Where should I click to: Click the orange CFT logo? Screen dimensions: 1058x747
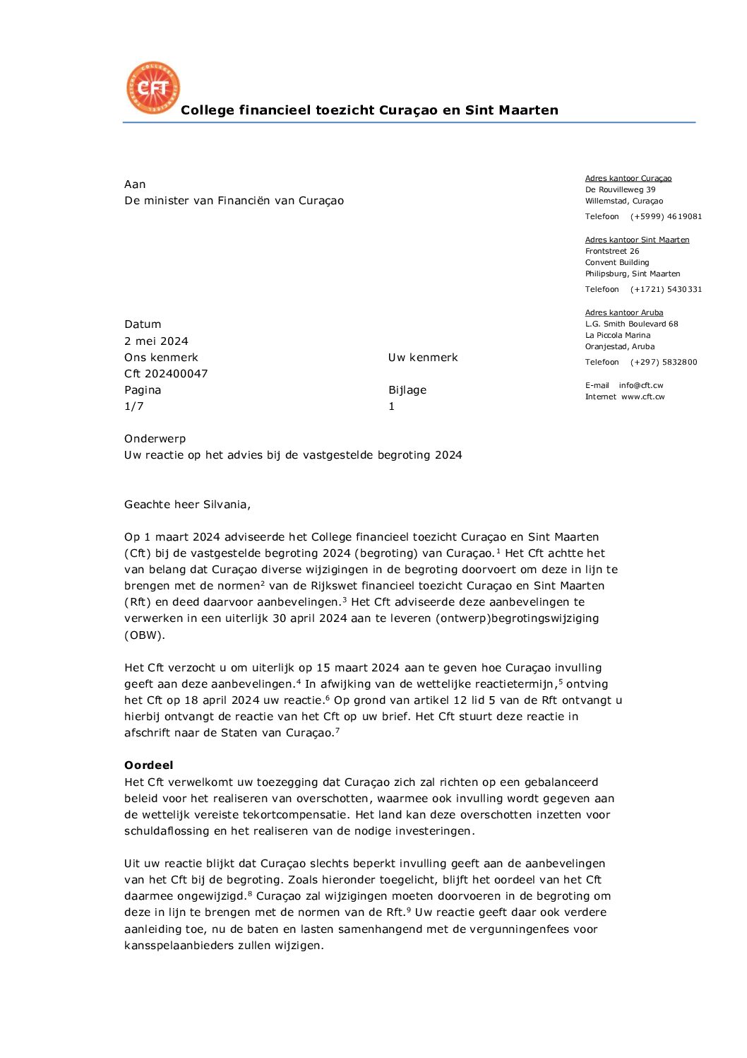(153, 88)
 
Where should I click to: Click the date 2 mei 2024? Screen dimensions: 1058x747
(156, 341)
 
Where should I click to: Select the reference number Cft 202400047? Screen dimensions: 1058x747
(166, 373)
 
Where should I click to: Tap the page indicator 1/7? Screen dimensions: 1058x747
(133, 406)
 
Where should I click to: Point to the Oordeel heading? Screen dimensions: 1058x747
(148, 765)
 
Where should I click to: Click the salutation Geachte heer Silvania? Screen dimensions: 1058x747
(187, 504)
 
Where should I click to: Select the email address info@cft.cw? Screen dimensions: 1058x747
(641, 385)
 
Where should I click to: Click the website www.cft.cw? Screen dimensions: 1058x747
(643, 396)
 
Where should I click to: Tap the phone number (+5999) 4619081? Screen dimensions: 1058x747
(666, 216)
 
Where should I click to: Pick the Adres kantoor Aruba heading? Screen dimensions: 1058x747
(624, 312)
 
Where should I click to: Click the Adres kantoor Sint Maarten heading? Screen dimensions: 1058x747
(637, 240)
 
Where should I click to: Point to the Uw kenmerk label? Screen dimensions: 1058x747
(423, 357)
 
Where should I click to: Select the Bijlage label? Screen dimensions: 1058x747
(407, 389)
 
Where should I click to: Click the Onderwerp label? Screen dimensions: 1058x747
(155, 438)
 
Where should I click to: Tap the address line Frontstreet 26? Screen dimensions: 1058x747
(612, 251)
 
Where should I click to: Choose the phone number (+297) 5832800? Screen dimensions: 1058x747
(664, 362)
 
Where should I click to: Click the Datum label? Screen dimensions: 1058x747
(143, 324)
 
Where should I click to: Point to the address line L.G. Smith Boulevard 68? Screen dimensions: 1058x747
(631, 324)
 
